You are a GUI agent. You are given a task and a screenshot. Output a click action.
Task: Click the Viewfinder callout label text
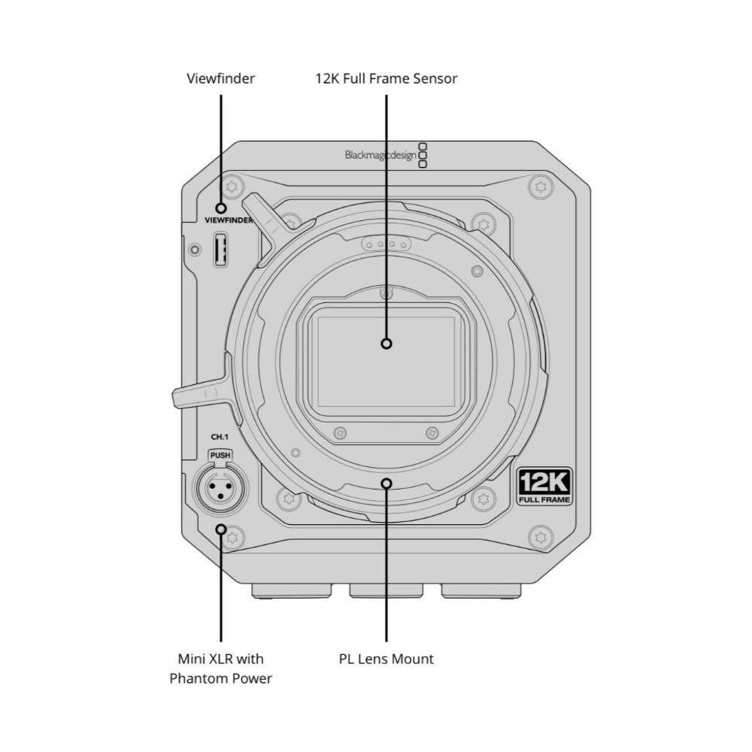click(220, 79)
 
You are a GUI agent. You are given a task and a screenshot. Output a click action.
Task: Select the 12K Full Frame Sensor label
click(386, 79)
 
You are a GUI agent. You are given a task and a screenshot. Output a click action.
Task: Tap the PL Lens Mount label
click(386, 659)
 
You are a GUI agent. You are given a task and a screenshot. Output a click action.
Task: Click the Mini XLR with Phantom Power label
click(220, 669)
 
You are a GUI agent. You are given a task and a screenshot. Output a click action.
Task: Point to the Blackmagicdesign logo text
click(381, 156)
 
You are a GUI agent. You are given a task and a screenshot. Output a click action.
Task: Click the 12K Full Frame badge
click(544, 487)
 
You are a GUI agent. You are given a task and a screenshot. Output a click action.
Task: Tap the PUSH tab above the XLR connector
click(220, 455)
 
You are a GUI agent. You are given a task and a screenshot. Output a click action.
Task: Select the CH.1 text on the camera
click(220, 437)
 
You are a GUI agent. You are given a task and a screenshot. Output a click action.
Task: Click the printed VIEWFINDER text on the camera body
click(229, 220)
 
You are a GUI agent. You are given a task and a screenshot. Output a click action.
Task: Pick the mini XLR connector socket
click(220, 490)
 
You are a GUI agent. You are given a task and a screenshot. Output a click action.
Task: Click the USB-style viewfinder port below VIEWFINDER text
click(220, 250)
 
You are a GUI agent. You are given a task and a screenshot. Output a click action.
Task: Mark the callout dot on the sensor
click(386, 344)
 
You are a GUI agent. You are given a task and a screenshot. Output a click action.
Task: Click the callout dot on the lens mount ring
click(386, 484)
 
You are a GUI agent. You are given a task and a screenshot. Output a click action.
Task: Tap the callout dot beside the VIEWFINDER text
click(220, 208)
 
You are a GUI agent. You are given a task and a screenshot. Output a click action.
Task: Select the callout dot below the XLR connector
click(220, 529)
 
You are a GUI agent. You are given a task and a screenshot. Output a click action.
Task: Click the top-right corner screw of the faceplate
click(541, 186)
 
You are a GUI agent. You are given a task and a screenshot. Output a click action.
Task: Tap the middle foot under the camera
click(386, 591)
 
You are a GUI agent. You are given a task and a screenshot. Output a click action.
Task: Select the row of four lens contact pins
click(386, 244)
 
